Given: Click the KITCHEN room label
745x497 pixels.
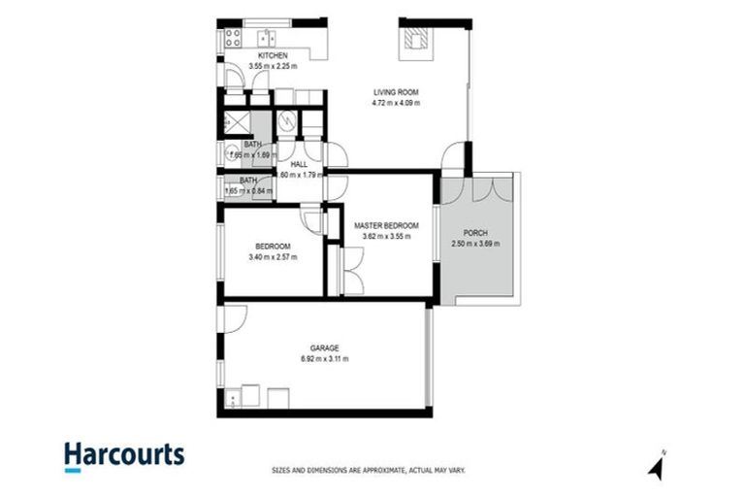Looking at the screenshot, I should point(246,56).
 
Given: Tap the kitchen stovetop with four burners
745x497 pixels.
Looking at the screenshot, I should point(233,38).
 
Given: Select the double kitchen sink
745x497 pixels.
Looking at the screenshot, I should point(266,38).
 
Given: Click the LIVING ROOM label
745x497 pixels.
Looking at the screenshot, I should point(398,93).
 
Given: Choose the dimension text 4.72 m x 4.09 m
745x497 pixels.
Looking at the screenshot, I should point(398,103).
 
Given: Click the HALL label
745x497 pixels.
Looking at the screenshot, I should point(299,165).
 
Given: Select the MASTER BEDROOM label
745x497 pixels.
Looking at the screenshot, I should point(387,225).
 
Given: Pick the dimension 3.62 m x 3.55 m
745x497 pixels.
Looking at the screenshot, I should point(387,235).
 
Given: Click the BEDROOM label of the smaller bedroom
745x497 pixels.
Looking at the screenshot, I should point(273,247).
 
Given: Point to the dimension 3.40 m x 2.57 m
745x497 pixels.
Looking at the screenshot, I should point(273,257).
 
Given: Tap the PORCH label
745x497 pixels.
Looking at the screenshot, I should point(475,233).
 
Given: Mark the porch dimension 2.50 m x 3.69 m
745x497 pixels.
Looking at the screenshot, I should point(475,244).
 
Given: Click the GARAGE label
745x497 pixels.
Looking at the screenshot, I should point(324,348).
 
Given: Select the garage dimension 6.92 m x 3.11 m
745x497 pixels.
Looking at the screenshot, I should point(324,358).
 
